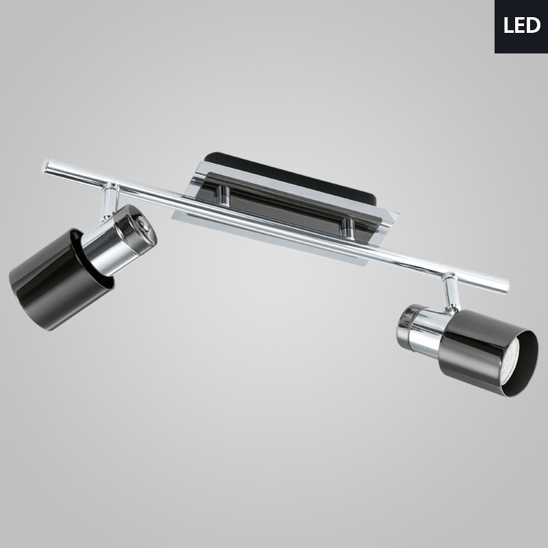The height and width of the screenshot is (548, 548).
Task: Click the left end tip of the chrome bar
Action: tap(45, 164)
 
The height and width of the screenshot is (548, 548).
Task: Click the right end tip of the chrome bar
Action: tap(506, 284)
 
